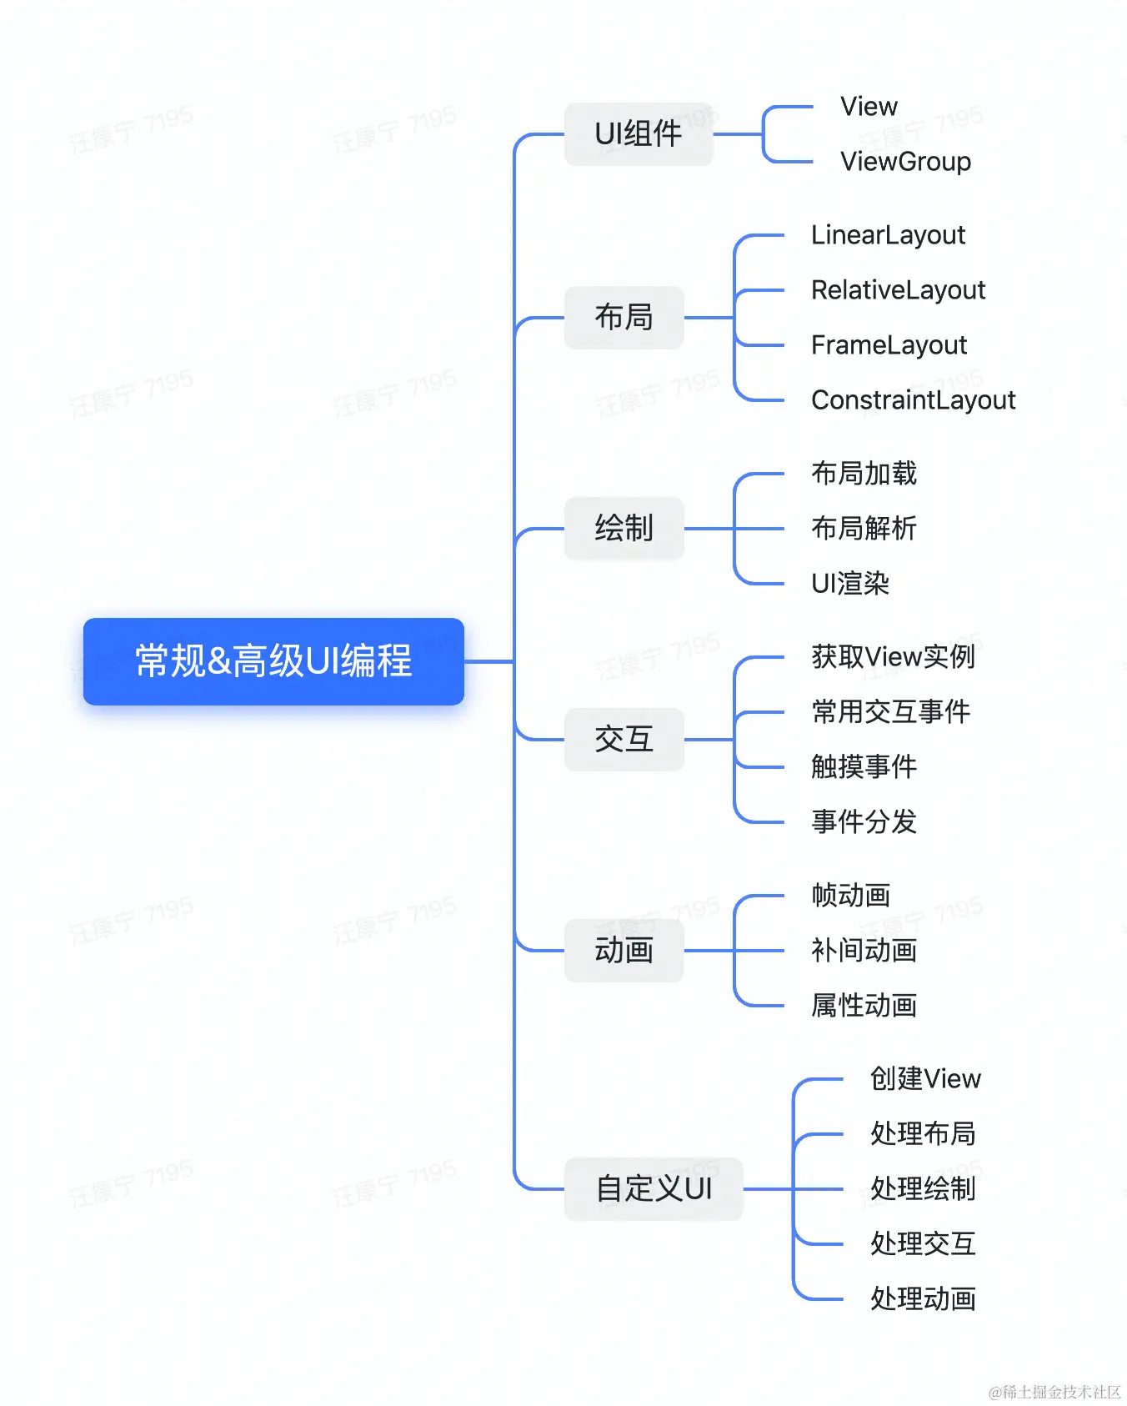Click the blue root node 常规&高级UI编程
[x=273, y=661]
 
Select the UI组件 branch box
[x=639, y=133]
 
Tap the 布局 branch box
[x=624, y=317]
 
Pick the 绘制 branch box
[x=624, y=528]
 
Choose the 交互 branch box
[x=624, y=739]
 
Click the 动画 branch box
[x=624, y=950]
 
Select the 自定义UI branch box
[x=654, y=1188]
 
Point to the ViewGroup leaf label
[x=905, y=162]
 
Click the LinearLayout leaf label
[x=888, y=235]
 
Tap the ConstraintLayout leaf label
[x=913, y=400]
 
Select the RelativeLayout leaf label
[x=898, y=290]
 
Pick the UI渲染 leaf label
[x=850, y=583]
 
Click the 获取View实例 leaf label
[x=893, y=657]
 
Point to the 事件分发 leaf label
[x=864, y=821]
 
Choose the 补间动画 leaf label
[x=864, y=950]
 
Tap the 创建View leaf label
[x=925, y=1079]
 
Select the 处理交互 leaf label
[x=923, y=1243]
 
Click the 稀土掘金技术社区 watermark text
[x=1054, y=1391]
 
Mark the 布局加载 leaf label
[x=864, y=474]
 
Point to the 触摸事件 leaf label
[x=864, y=766]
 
